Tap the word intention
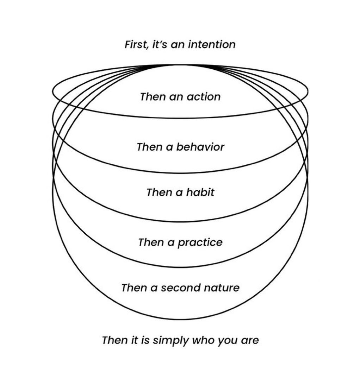pos(212,45)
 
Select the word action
pos(204,96)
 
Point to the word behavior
pos(200,147)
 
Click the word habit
pos(200,192)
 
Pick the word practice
pos(200,242)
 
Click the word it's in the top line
pos(160,45)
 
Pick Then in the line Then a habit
pos(159,192)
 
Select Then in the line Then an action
pos(153,96)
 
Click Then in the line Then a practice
pos(151,242)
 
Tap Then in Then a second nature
pos(134,288)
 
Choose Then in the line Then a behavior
pos(149,147)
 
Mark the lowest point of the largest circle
pos(180,320)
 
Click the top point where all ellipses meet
pos(180,65)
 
